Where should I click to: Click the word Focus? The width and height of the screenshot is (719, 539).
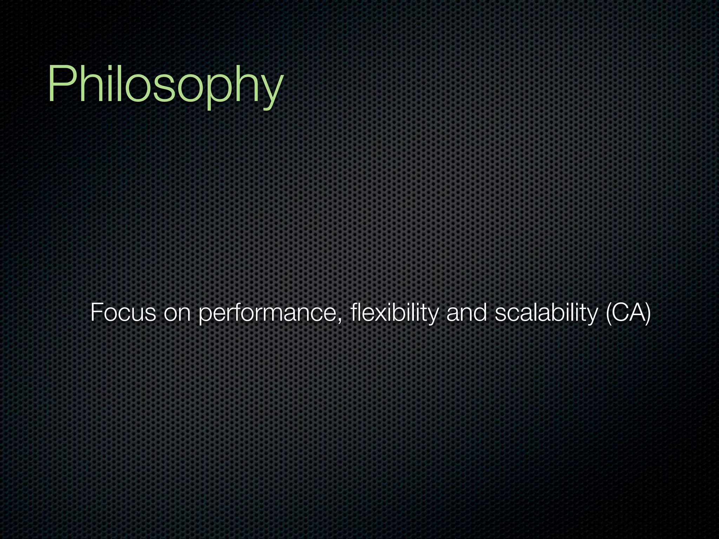click(x=123, y=313)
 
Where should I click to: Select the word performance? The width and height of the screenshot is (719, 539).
click(x=269, y=313)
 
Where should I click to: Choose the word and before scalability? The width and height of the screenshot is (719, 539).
click(x=467, y=313)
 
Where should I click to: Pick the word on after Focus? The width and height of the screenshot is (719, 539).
click(x=177, y=313)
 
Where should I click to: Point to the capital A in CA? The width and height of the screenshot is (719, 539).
click(x=635, y=313)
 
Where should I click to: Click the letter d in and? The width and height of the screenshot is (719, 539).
click(x=481, y=313)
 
